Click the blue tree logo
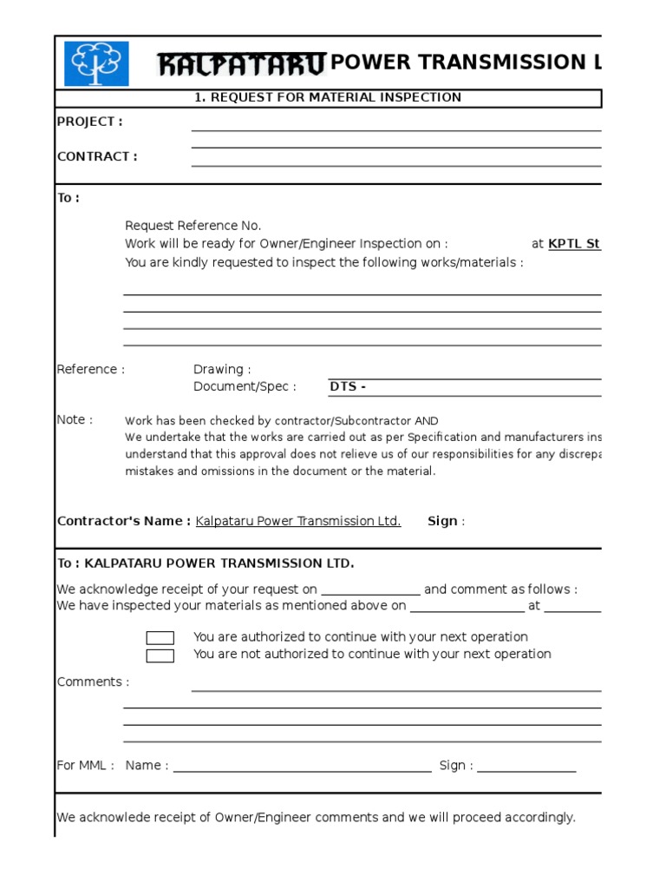(96, 63)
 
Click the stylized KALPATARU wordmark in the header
(242, 63)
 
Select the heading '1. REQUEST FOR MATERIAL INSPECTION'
(327, 97)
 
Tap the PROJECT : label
(89, 122)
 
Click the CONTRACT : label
(96, 156)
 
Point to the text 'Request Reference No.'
(193, 226)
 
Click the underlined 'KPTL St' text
(574, 244)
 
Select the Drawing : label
(222, 370)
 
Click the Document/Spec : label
(245, 386)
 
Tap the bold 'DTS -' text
(348, 386)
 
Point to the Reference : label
(90, 370)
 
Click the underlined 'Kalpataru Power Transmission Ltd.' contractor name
(298, 521)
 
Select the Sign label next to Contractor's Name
(442, 521)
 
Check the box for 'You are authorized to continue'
(160, 638)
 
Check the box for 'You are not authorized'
(160, 655)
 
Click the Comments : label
(93, 682)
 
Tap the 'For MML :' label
(85, 765)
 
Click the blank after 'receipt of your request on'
(370, 591)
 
